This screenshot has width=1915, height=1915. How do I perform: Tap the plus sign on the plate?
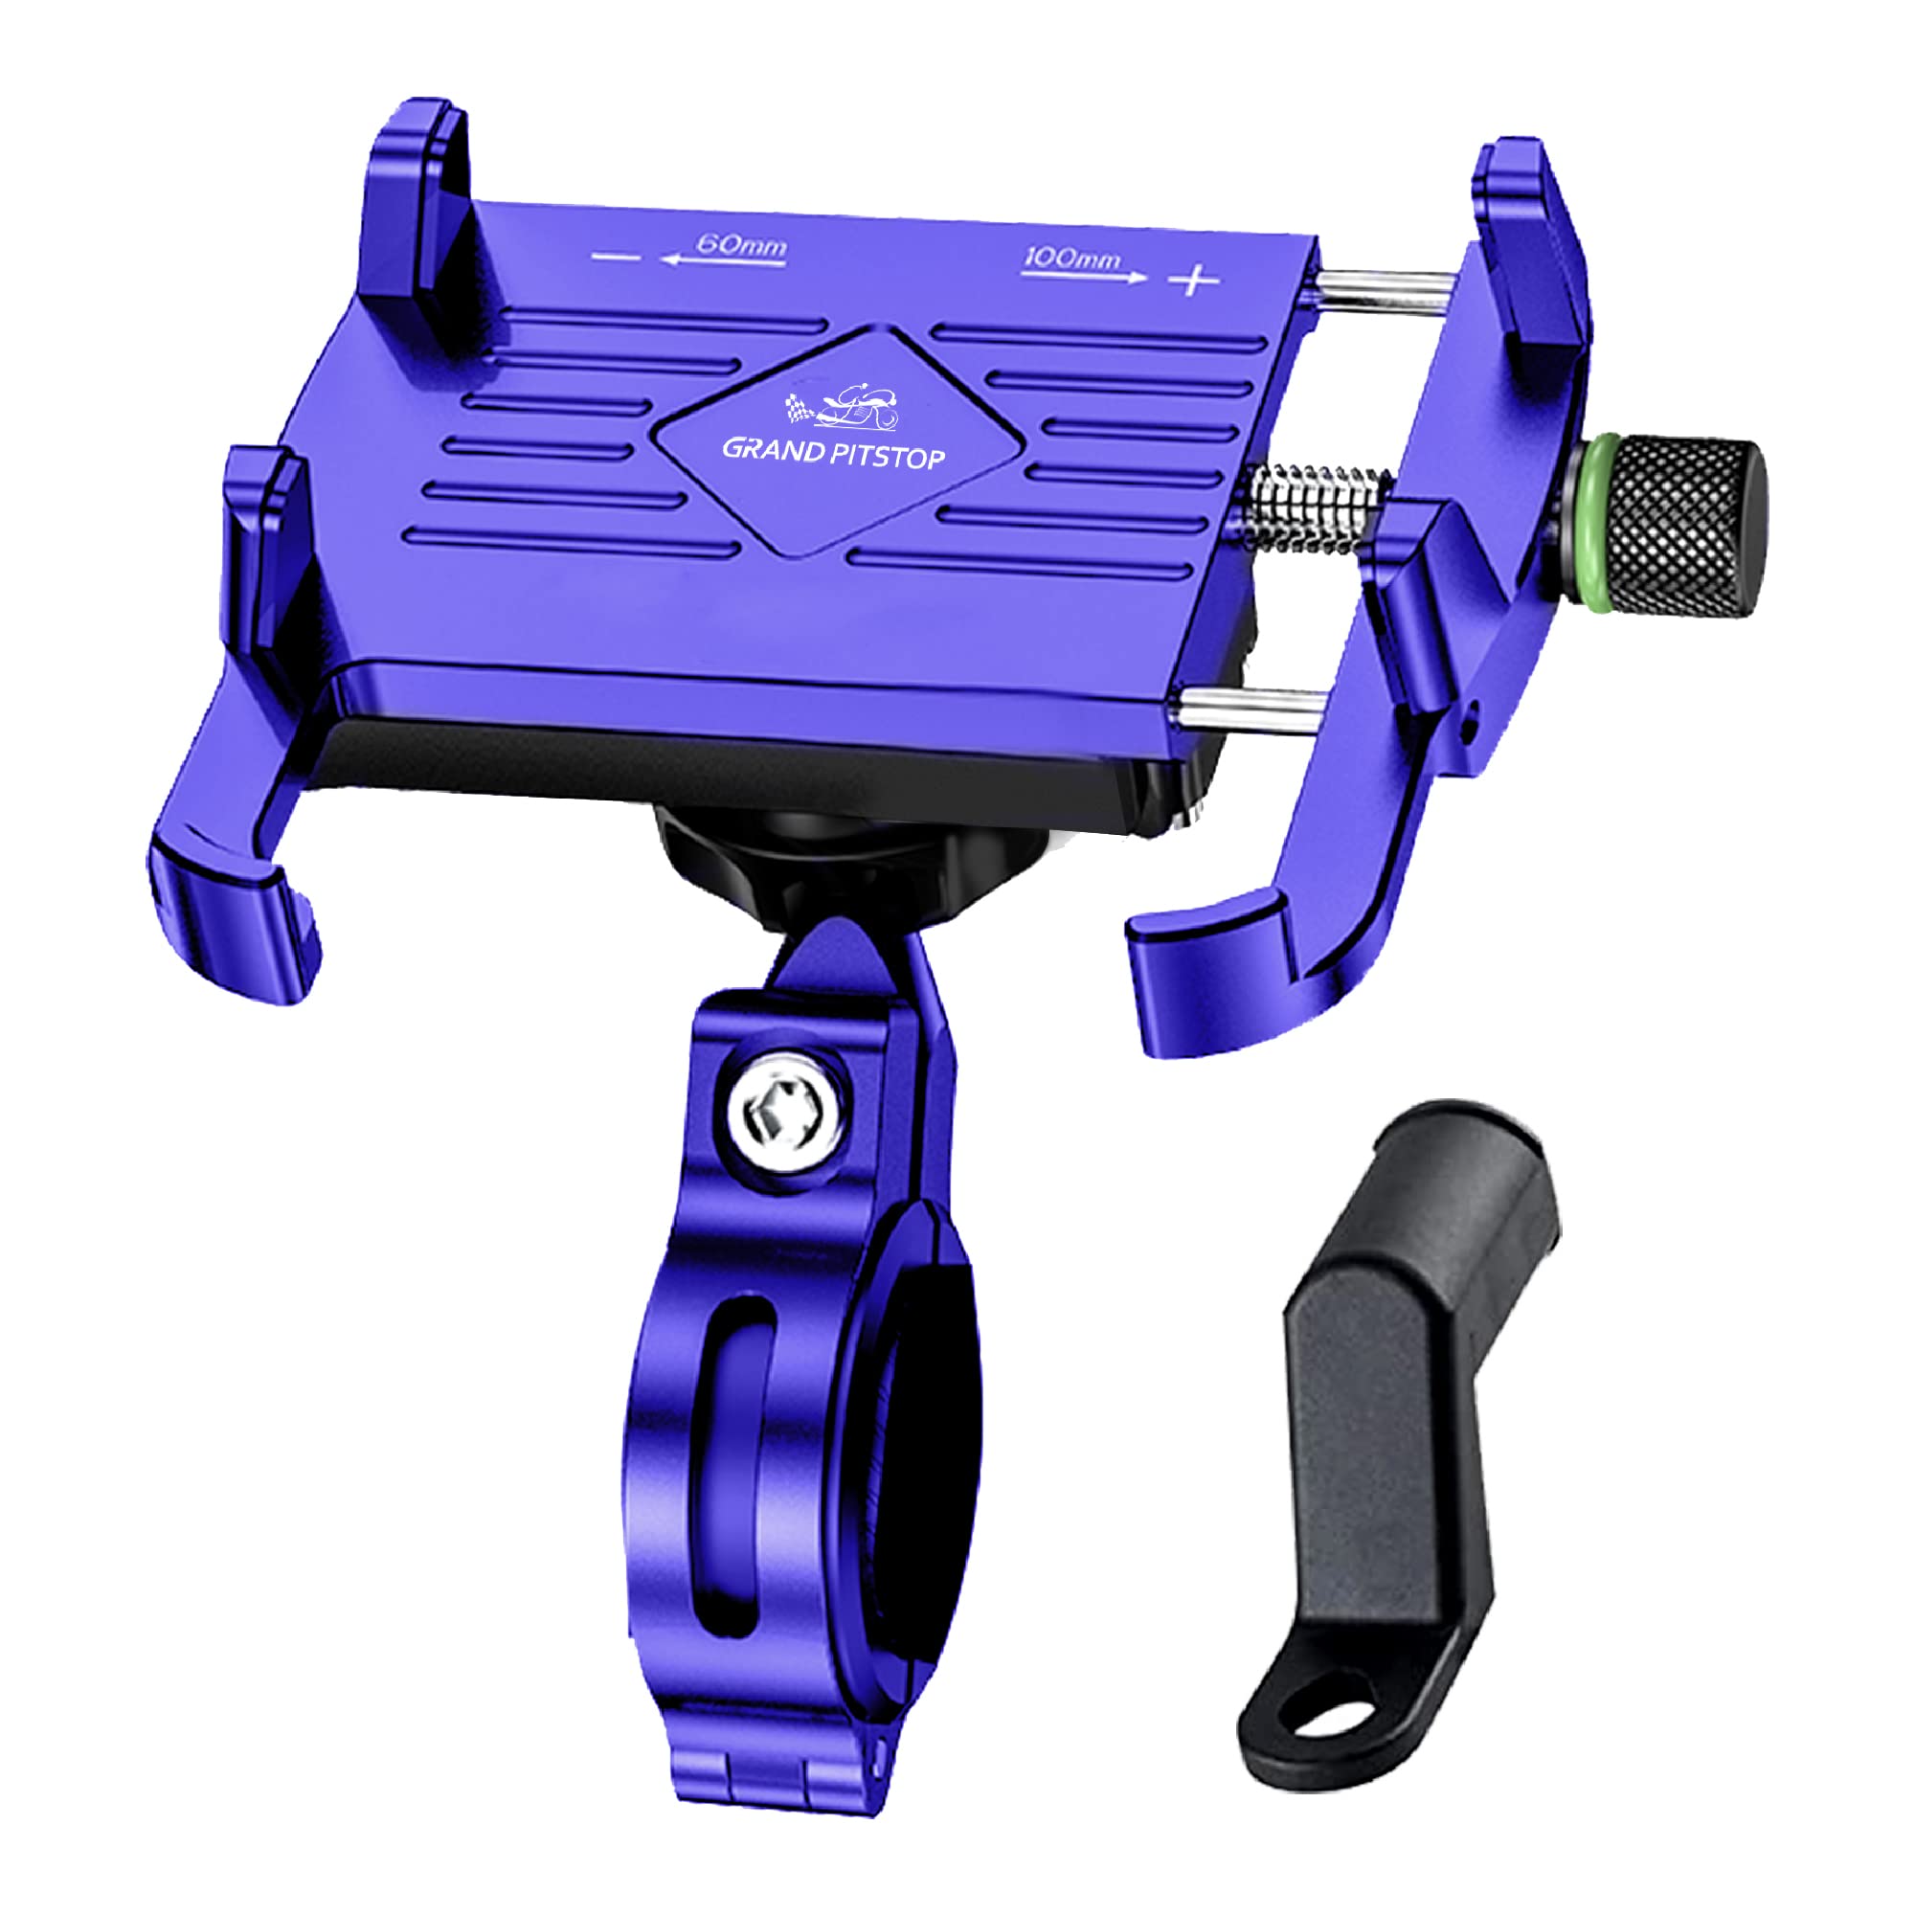1192,281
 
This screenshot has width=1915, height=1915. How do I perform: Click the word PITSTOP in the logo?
889,456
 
